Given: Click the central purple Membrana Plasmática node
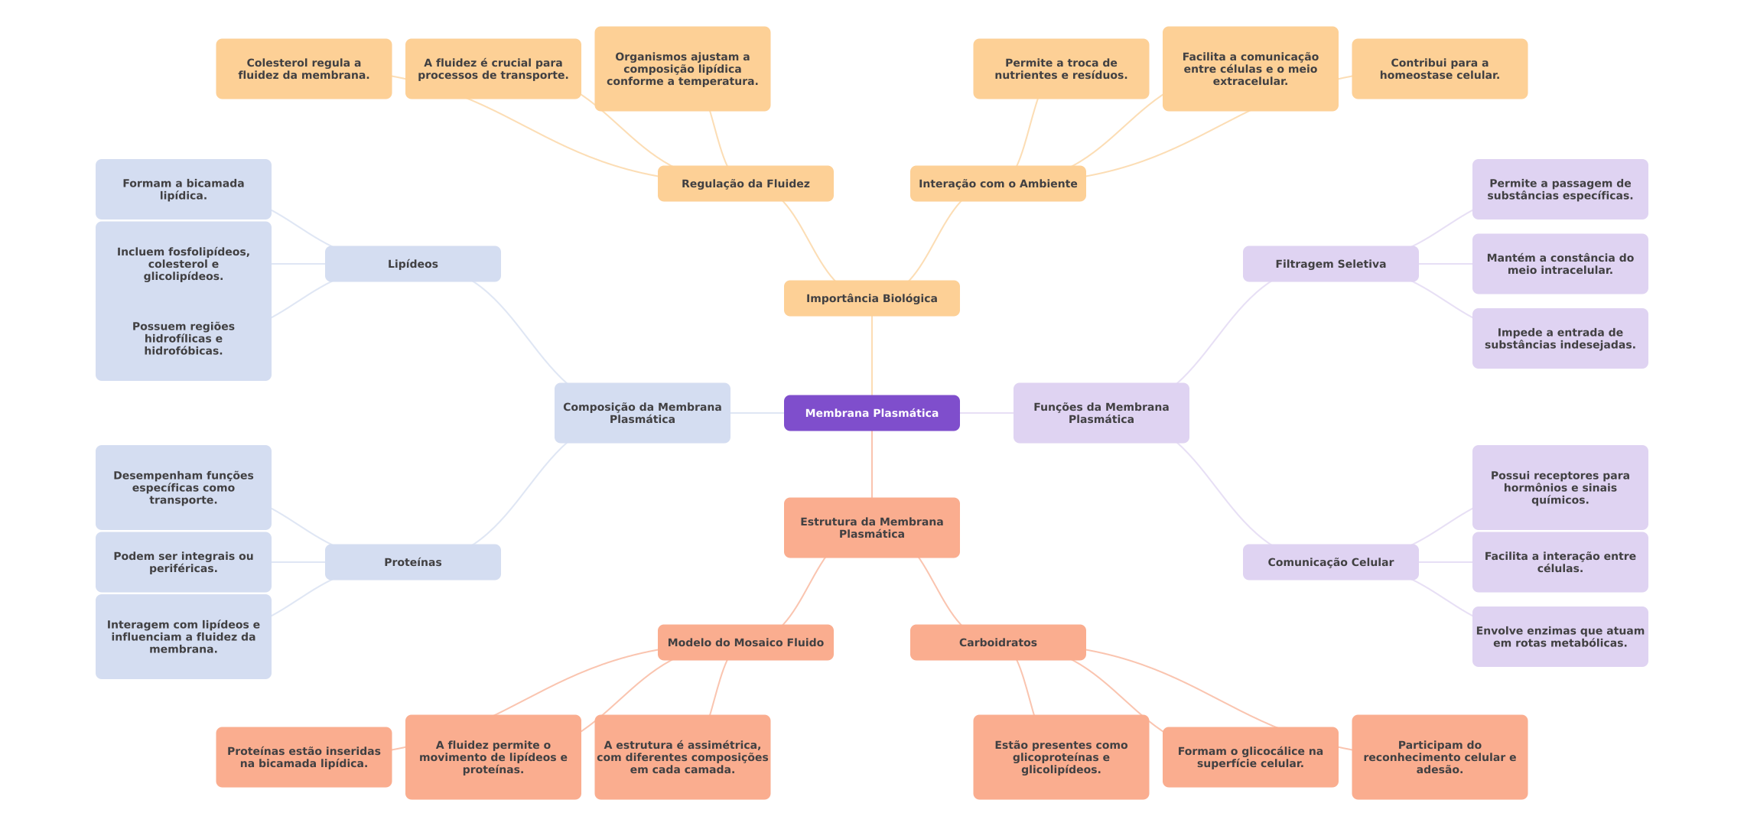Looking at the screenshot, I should (871, 413).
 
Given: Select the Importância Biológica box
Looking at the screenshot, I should (871, 298).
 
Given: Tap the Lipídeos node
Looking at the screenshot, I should (412, 264).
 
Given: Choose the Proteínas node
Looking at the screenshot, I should (412, 562).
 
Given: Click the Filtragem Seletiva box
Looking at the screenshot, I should (1330, 264).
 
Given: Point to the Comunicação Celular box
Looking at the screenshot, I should (1330, 562).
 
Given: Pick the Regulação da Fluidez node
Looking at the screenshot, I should (745, 184).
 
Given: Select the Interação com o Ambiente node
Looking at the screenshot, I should (997, 184).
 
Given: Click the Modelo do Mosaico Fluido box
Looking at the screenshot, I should (745, 642).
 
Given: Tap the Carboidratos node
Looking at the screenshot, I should (997, 642).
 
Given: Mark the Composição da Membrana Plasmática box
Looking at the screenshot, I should (642, 413).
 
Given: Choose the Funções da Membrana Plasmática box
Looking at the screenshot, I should (1101, 413).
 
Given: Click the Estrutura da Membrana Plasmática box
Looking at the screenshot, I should (871, 528).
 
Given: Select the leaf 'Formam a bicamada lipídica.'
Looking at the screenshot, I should (183, 189).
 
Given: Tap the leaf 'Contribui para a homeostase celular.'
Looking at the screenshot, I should (1439, 69).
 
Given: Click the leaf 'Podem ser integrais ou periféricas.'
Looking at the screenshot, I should (183, 562).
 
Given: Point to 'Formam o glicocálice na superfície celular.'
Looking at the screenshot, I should (1250, 757).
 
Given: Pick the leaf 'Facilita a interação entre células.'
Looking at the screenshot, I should (1560, 562).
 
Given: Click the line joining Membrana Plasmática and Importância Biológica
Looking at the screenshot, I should (872, 356).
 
